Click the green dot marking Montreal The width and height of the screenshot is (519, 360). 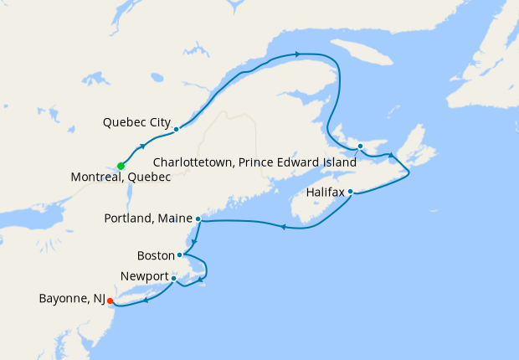pos(121,165)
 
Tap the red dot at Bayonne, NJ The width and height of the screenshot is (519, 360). pos(110,302)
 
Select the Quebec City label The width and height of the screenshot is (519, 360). pos(136,122)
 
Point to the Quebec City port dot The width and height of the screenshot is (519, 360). pos(176,129)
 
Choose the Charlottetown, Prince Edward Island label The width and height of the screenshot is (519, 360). pos(254,162)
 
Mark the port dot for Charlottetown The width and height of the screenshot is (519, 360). pos(360,147)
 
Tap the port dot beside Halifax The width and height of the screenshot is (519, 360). pos(351,192)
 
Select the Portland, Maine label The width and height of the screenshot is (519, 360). pos(146,219)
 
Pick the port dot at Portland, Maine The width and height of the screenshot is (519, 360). pos(198,219)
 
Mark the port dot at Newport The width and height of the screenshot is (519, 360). pos(174,277)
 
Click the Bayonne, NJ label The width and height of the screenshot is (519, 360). pos(71,298)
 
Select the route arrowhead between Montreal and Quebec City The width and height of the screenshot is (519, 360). pos(142,147)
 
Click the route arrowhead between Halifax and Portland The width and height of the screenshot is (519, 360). pos(284,226)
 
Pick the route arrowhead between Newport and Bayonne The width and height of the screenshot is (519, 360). pos(146,301)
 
